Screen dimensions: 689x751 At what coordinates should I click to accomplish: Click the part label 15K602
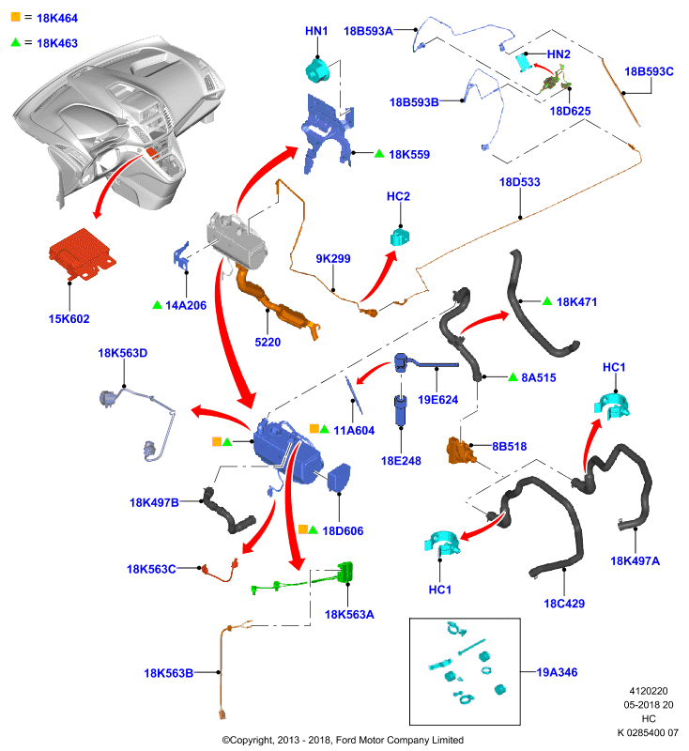pyautogui.click(x=69, y=319)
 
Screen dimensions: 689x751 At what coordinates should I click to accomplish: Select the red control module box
pyautogui.click(x=83, y=253)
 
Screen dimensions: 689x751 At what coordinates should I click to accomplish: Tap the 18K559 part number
pyautogui.click(x=409, y=155)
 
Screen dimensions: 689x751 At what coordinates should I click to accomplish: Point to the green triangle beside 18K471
pyautogui.click(x=547, y=301)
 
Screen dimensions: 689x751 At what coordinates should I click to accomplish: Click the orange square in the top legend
pyautogui.click(x=16, y=17)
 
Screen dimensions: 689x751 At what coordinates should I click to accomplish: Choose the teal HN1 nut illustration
pyautogui.click(x=317, y=69)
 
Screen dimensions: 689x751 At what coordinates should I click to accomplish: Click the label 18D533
pyautogui.click(x=519, y=182)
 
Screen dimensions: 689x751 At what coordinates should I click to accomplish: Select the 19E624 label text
pyautogui.click(x=437, y=400)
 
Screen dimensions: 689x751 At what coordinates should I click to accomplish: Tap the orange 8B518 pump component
pyautogui.click(x=461, y=451)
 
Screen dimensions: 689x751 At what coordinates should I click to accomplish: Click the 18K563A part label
pyautogui.click(x=349, y=615)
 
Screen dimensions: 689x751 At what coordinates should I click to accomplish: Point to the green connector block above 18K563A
pyautogui.click(x=345, y=572)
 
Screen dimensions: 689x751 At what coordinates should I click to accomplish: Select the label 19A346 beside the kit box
pyautogui.click(x=557, y=672)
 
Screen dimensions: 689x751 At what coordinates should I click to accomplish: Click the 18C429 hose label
pyautogui.click(x=564, y=604)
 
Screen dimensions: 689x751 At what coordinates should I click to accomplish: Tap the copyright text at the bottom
pyautogui.click(x=343, y=740)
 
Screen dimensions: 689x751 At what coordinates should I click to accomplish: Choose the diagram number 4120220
pyautogui.click(x=649, y=691)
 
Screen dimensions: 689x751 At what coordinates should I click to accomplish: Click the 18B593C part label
pyautogui.click(x=649, y=72)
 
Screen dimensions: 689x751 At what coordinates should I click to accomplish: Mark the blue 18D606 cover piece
pyautogui.click(x=339, y=477)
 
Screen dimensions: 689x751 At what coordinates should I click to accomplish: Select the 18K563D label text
pyautogui.click(x=123, y=354)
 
